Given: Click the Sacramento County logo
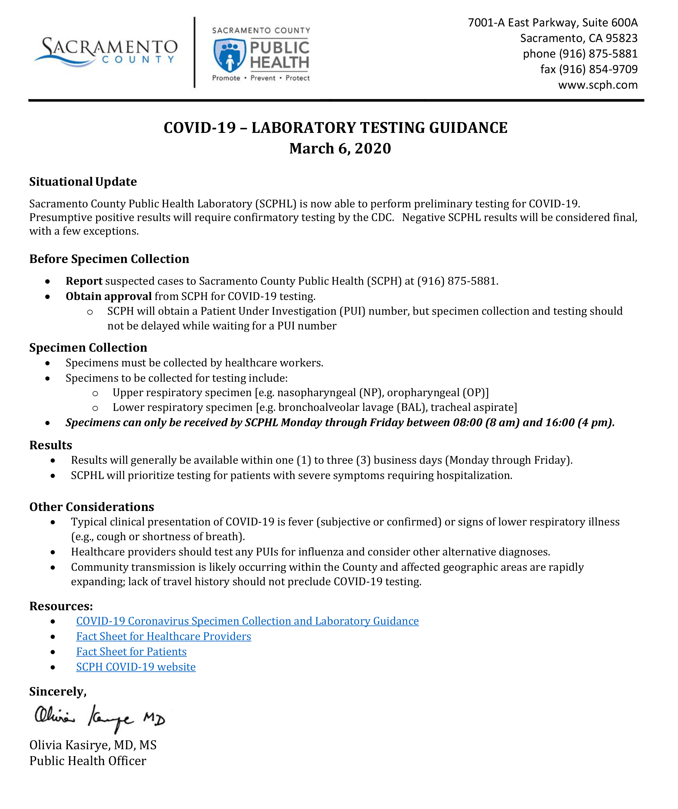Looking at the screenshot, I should [106, 52].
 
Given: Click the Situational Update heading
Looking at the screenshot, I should [83, 182].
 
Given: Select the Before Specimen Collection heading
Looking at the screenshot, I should [109, 259].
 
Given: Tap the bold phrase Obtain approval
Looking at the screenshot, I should [109, 296].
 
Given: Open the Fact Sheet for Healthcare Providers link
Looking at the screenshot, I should [163, 636].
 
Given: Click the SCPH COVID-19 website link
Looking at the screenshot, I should [136, 667].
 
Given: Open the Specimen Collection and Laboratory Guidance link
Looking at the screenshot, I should [247, 621].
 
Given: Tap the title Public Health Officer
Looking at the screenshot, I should [88, 761].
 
